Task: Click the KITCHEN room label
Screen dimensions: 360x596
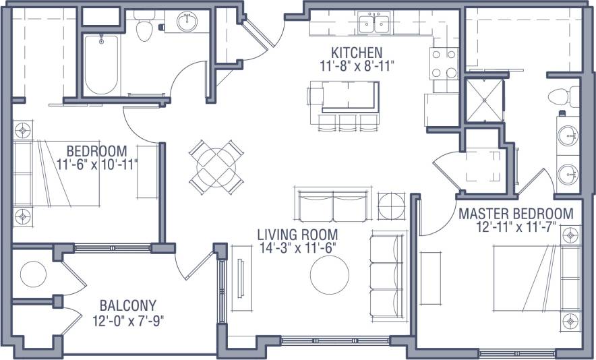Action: coord(356,52)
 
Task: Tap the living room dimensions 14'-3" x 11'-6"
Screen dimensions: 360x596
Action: coord(297,247)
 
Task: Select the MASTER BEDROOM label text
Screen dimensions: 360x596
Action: coord(516,214)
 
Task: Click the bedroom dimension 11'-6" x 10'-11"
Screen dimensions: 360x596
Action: coord(98,164)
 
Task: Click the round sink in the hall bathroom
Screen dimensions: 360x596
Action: coord(187,22)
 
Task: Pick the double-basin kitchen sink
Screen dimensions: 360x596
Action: coord(374,24)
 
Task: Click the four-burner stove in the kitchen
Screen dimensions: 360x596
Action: coord(444,64)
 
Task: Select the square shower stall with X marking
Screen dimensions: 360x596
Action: coord(484,100)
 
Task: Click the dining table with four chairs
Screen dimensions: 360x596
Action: coord(215,164)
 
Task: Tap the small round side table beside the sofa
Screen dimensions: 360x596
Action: coord(391,206)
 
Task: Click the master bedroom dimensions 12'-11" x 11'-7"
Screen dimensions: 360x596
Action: coord(516,228)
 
